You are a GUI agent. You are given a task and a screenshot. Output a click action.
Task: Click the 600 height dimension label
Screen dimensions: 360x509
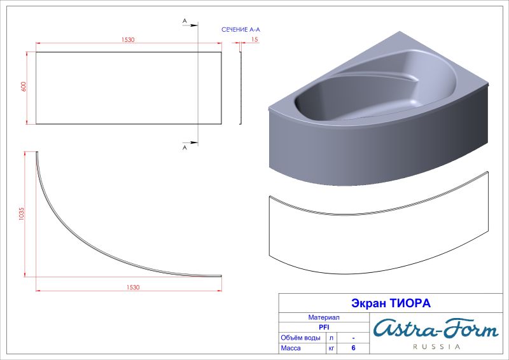click(x=24, y=88)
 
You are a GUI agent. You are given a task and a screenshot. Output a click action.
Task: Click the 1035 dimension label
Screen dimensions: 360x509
click(x=22, y=214)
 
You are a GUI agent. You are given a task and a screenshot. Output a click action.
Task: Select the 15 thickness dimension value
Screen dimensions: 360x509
click(x=254, y=39)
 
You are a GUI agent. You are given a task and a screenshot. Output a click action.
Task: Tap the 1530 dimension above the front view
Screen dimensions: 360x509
click(x=128, y=39)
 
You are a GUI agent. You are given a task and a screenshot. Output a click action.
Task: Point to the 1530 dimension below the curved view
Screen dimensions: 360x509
click(x=132, y=287)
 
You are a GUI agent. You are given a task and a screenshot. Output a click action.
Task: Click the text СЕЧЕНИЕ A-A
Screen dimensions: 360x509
click(x=241, y=29)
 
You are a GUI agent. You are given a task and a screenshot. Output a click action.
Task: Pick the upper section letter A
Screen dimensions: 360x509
click(x=185, y=21)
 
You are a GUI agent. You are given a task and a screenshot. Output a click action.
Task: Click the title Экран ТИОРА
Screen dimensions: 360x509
click(x=391, y=303)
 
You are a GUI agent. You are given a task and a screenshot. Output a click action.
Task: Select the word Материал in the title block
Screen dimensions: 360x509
click(x=323, y=317)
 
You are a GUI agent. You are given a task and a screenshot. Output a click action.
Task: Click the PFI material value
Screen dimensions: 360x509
click(x=323, y=327)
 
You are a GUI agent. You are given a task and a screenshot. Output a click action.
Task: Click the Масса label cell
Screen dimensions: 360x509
click(x=291, y=349)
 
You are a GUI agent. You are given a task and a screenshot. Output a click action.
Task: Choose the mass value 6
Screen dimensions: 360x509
click(x=353, y=349)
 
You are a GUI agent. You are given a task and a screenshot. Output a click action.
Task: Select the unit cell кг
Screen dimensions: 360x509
click(x=331, y=349)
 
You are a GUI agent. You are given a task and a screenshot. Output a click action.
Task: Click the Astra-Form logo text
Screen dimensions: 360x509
click(x=436, y=329)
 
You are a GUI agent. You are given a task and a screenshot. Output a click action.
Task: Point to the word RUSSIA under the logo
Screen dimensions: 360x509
click(x=437, y=347)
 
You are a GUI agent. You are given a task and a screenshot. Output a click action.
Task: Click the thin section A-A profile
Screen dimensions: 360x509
click(x=241, y=88)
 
